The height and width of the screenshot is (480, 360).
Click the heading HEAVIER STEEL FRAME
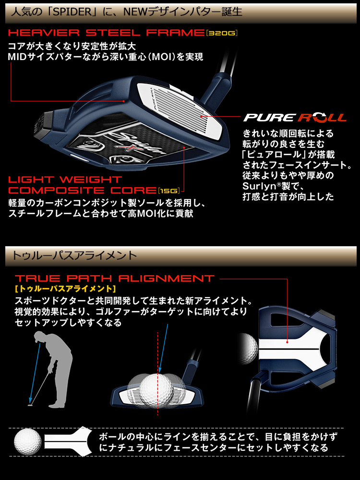106,33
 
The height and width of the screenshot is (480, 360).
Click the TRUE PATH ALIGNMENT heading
114,278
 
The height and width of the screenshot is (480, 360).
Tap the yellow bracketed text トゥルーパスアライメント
65,289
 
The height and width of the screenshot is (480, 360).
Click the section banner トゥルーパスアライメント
72,254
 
